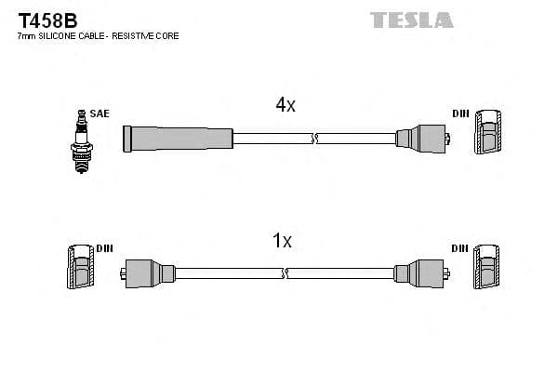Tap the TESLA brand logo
[411, 19]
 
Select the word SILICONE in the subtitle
[60, 35]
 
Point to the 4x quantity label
[286, 106]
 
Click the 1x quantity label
[282, 241]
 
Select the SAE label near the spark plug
[100, 113]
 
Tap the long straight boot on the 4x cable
[177, 138]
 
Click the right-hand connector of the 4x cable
[421, 139]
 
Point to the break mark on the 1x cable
[286, 273]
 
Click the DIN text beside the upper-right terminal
[460, 113]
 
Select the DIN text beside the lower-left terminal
[105, 248]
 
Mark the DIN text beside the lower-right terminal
[460, 248]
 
